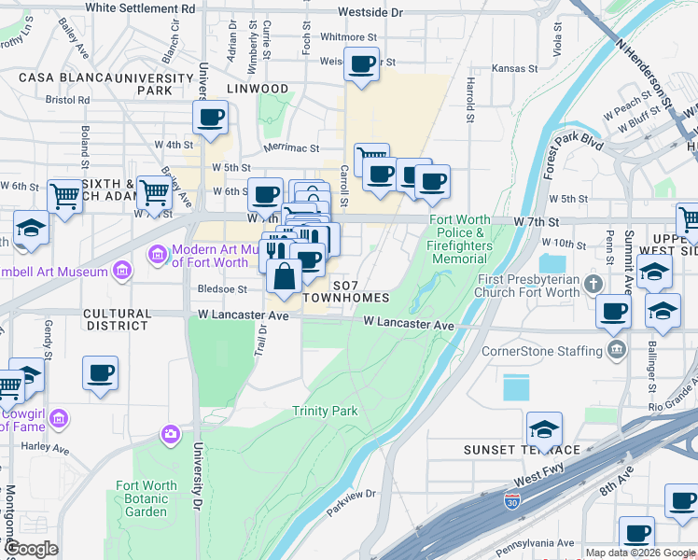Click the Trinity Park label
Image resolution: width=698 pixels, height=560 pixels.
[x=325, y=411]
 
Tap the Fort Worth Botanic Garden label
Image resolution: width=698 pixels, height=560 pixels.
[x=147, y=498]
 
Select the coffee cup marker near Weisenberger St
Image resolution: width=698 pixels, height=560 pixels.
[x=361, y=64]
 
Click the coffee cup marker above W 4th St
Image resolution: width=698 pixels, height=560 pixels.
[x=210, y=118]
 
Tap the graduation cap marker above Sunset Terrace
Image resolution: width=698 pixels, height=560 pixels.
[x=544, y=429]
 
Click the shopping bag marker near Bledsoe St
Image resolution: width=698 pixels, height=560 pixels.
[x=284, y=275]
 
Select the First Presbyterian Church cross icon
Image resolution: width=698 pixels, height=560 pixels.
[x=591, y=282]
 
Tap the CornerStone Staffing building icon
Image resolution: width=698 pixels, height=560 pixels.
[x=616, y=351]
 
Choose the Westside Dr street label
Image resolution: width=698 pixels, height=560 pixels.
[x=370, y=13]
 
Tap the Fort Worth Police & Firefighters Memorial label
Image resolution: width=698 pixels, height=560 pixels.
[x=459, y=239]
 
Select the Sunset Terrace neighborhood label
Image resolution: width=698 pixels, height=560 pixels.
[x=523, y=450]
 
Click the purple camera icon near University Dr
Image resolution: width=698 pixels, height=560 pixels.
[x=170, y=433]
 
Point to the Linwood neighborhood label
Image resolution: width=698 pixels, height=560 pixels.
[x=258, y=89]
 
